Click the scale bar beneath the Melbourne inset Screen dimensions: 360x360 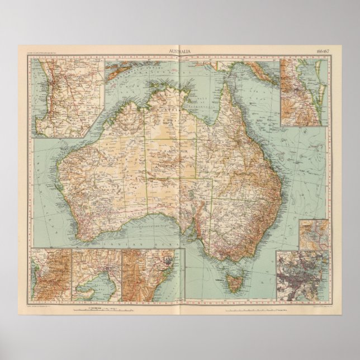point(101,308)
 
